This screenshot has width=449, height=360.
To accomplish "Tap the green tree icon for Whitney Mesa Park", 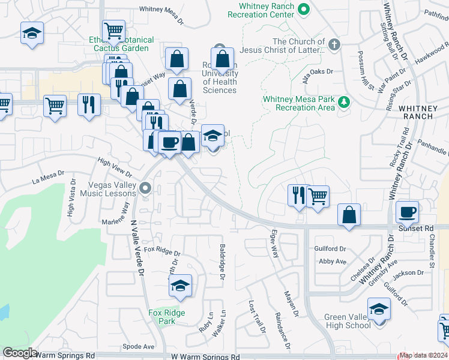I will click(x=344, y=101).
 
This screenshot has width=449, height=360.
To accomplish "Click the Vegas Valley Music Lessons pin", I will click(x=145, y=190).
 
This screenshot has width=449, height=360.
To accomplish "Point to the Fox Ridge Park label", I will click(x=167, y=317).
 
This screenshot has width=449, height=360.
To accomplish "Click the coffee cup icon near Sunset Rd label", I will click(x=408, y=211).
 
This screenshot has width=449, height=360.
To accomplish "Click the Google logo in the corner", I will click(x=20, y=353).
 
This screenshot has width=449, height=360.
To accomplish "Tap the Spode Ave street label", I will click(x=139, y=346).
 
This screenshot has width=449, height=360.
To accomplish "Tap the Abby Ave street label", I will click(x=333, y=262).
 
